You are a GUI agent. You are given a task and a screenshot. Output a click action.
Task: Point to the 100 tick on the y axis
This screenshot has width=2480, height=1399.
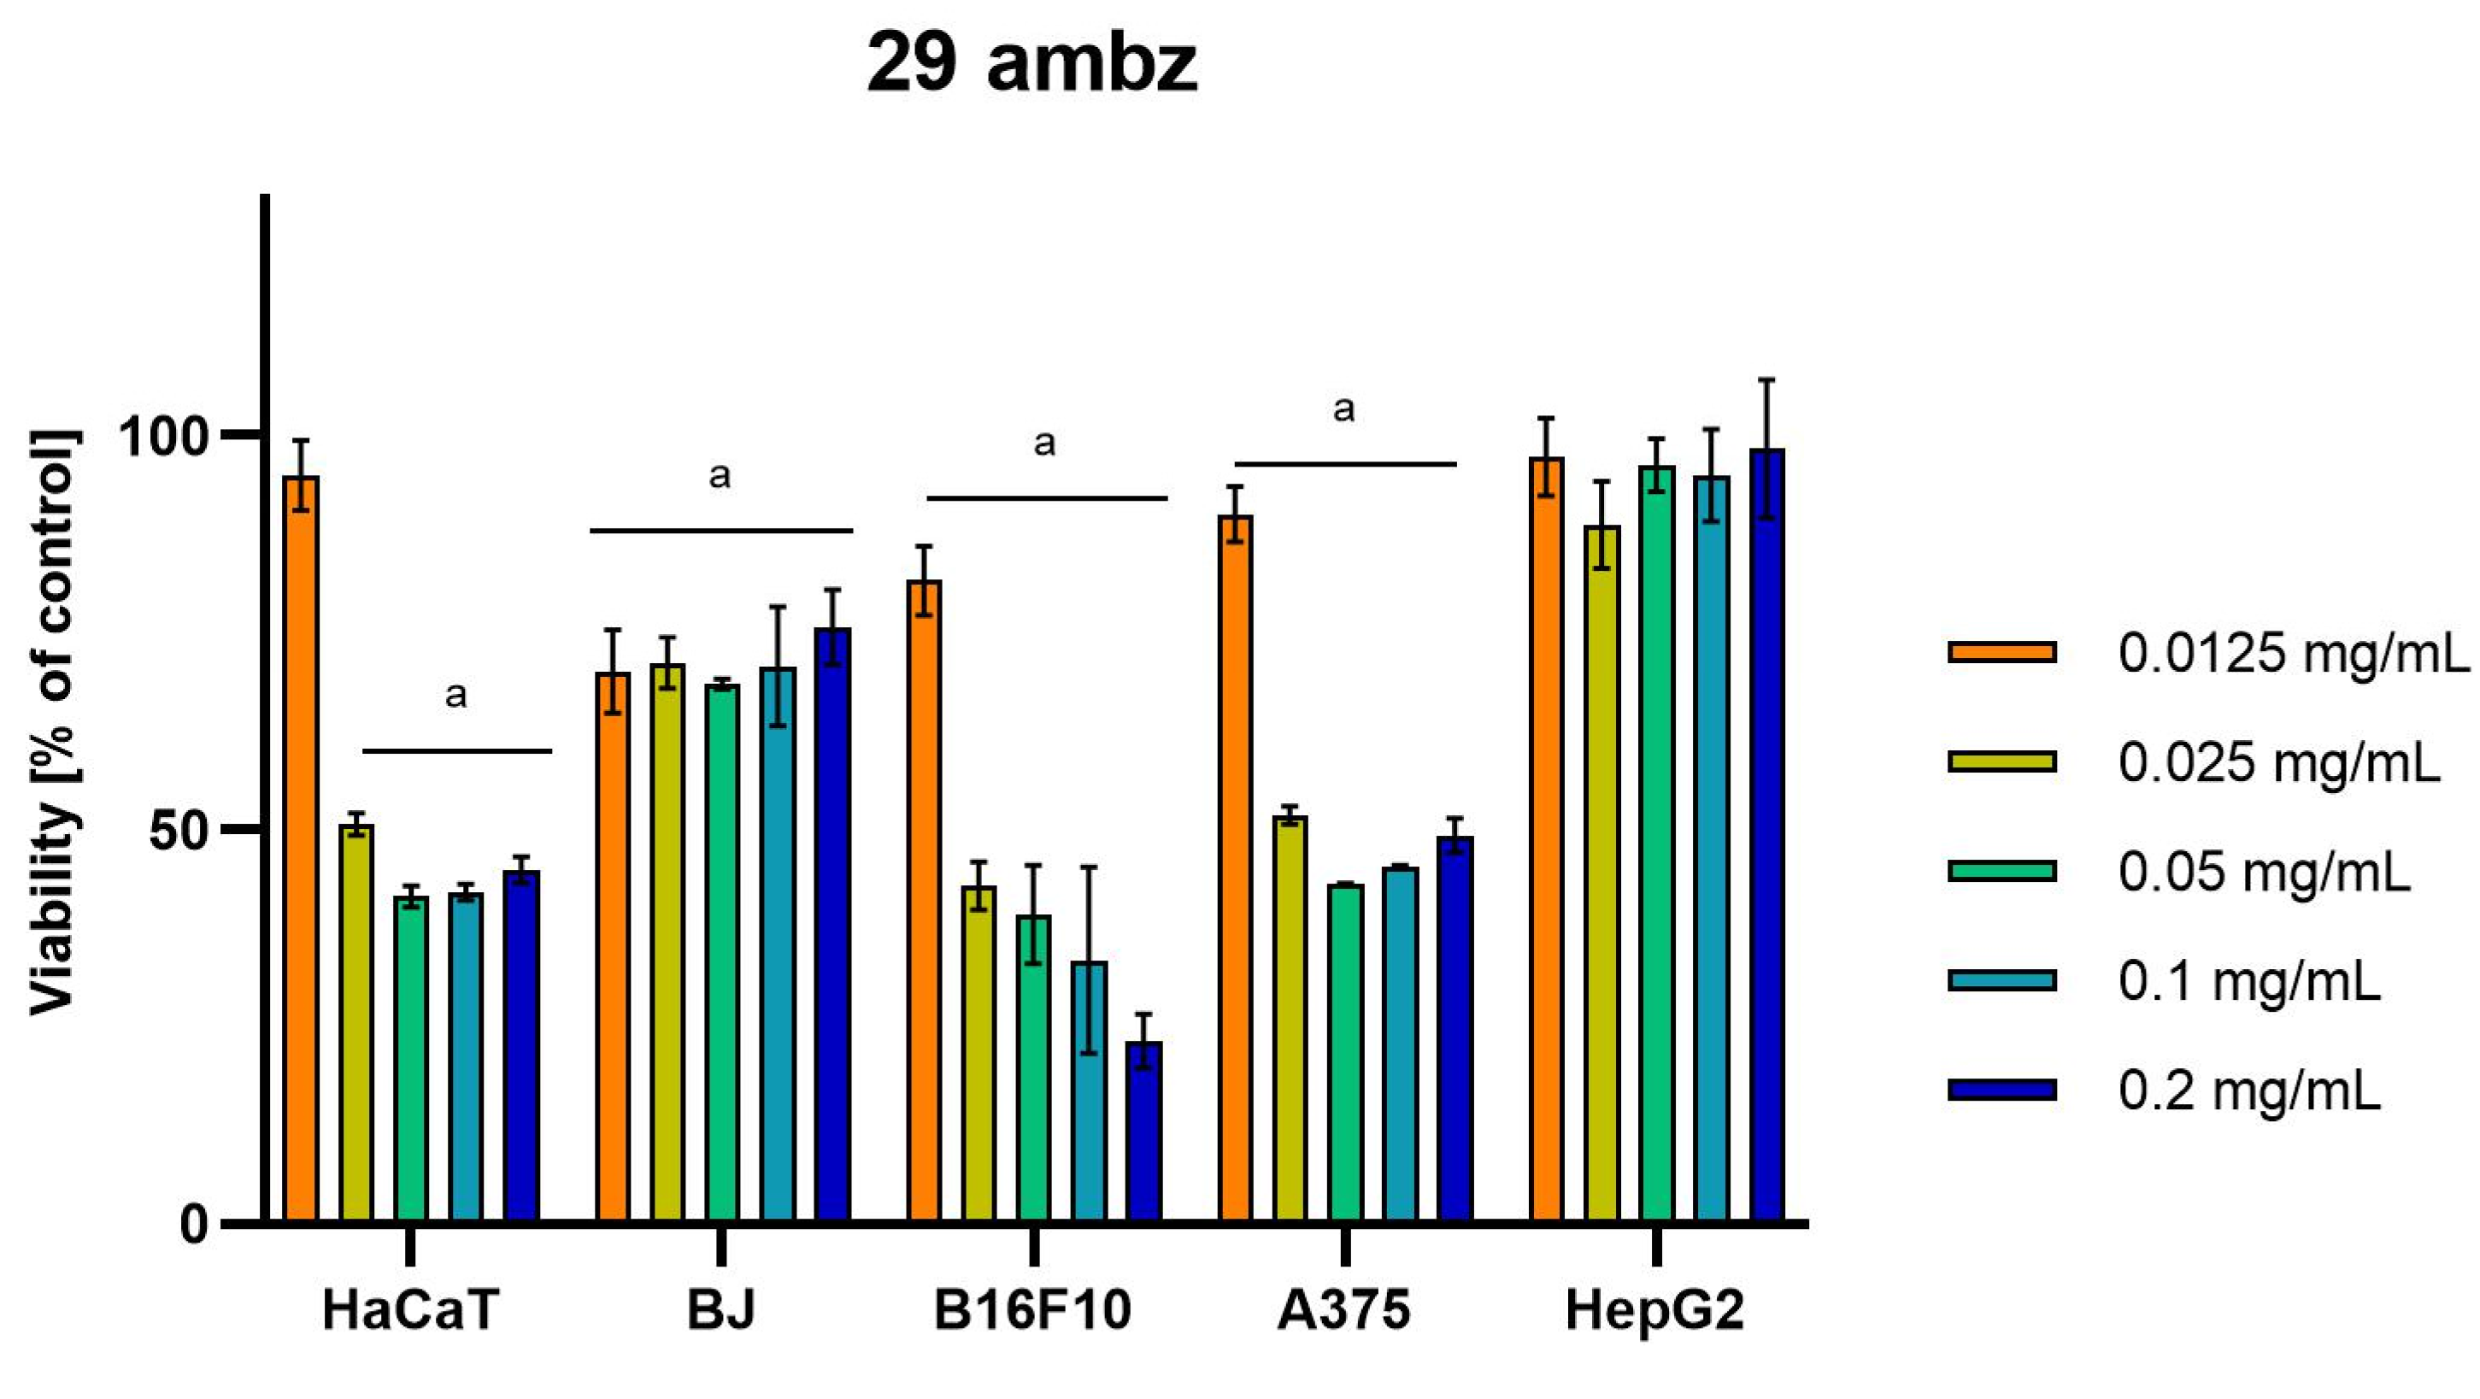point(169,436)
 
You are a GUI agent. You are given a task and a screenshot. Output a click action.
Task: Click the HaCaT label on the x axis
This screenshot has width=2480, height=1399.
point(410,1310)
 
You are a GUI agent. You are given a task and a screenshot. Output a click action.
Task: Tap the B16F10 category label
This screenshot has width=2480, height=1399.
point(1032,1310)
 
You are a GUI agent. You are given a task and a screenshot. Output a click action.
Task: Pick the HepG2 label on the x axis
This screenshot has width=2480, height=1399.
point(1655,1310)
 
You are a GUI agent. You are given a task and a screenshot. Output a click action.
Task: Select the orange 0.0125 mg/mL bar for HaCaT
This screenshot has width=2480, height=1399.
point(302,847)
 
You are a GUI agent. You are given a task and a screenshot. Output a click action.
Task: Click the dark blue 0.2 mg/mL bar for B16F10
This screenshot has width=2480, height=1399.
point(1143,1132)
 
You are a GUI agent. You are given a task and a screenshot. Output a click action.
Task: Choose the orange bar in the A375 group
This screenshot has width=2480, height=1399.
point(1236,867)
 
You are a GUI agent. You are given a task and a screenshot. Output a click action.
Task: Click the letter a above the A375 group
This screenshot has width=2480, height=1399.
point(1344,410)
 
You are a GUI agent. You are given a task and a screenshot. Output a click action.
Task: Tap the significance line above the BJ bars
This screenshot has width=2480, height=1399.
point(721,531)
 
